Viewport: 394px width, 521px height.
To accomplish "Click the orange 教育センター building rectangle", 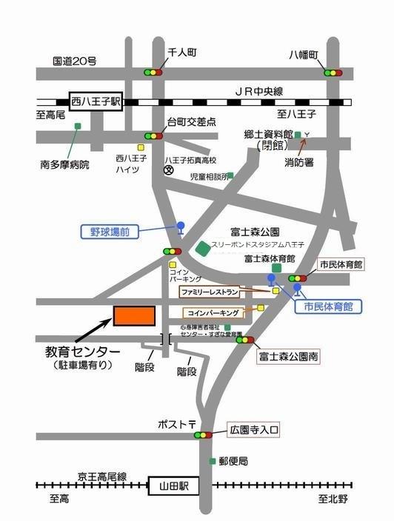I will [x=134, y=315].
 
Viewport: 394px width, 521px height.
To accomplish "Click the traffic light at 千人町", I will [x=153, y=73].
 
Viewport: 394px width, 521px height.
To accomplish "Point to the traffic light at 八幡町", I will [x=333, y=73].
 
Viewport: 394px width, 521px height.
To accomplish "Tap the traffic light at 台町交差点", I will [x=154, y=136].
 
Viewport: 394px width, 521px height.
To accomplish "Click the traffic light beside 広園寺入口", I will [x=203, y=435].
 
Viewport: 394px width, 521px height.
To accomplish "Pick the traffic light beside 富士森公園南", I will [x=244, y=340].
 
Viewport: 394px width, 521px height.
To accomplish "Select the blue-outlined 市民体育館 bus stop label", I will [x=327, y=305].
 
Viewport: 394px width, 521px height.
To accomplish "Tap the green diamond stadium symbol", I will [x=202, y=249].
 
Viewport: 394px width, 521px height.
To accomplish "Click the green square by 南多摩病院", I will [x=77, y=127].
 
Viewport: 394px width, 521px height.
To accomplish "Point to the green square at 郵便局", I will [x=213, y=461].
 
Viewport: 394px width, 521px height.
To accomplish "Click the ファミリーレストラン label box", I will [x=210, y=292].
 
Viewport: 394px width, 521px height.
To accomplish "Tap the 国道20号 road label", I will [x=74, y=61].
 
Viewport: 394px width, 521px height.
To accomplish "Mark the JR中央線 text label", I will [x=258, y=90].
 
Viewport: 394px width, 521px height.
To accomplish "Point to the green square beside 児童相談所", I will [x=230, y=176].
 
